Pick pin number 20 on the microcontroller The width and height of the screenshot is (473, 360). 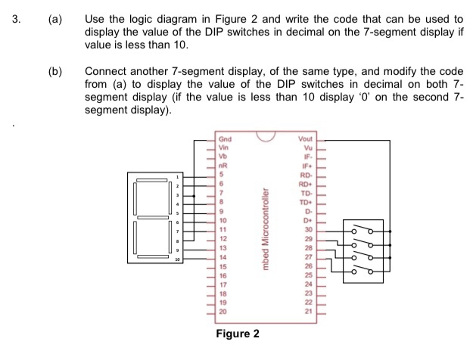pyautogui.click(x=222, y=311)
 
